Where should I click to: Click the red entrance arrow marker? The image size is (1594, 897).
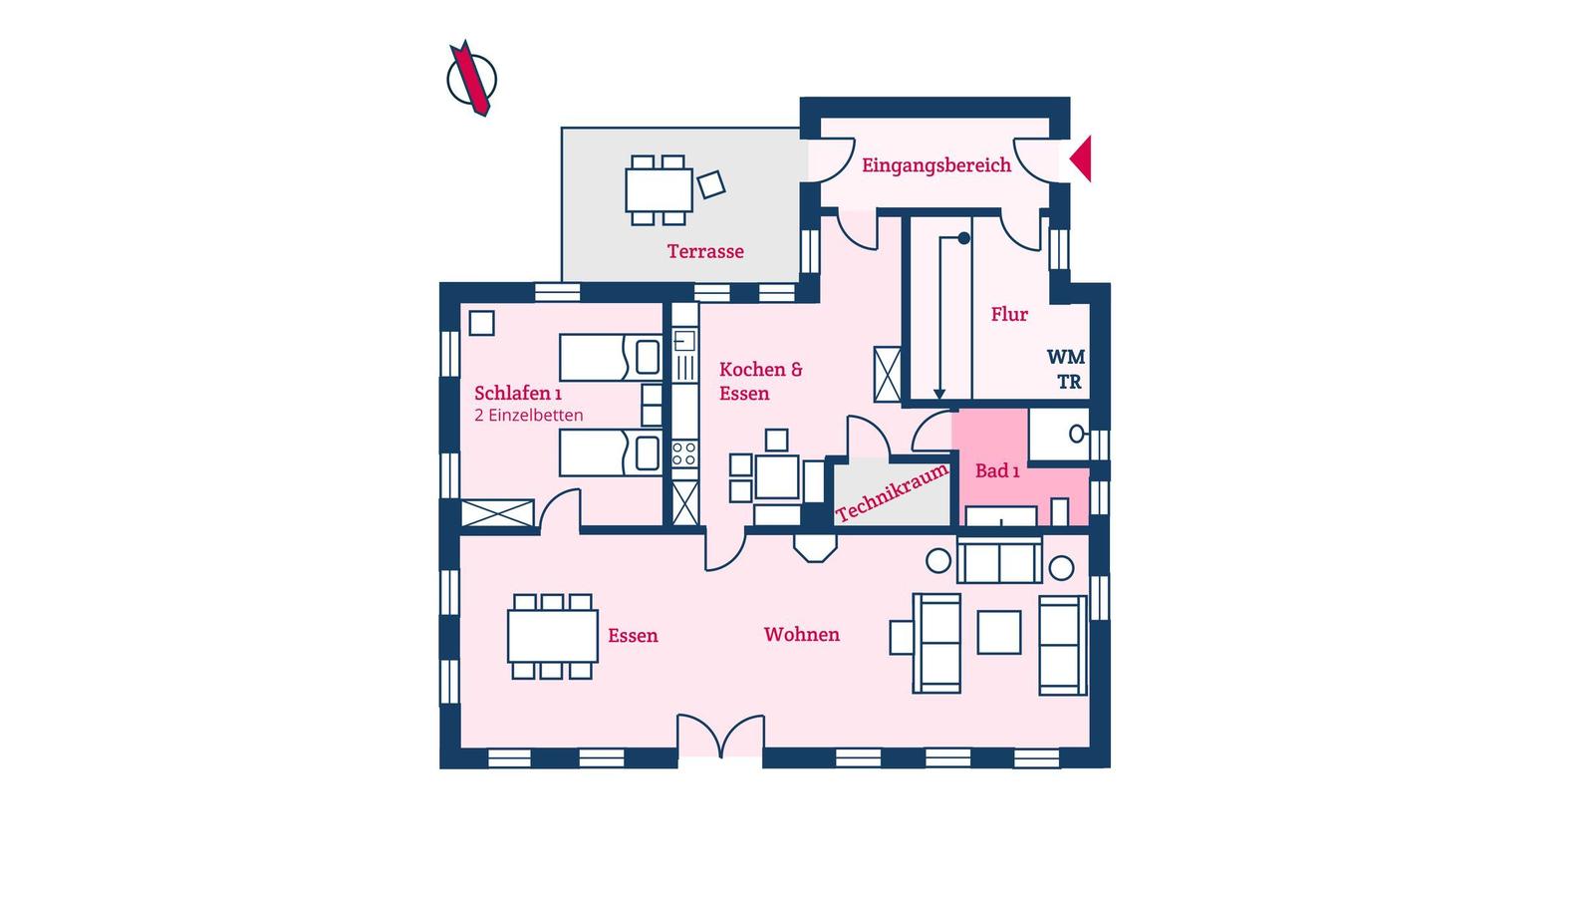1082,158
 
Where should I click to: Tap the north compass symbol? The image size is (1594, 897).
472,79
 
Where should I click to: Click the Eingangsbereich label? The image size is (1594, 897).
935,165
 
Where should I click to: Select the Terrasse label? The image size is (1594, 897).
705,251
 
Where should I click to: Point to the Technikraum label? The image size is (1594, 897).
893,492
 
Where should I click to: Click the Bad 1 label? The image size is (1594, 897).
997,470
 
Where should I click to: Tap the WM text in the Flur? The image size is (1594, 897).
1065,357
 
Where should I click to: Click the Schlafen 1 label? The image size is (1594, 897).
518,393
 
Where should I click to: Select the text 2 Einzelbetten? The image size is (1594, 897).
529,415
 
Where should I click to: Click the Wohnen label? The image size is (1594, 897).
801,634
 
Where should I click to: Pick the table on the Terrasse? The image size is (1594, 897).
659,190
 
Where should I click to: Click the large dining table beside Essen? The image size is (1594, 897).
552,636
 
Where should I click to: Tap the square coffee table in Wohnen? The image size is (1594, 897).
999,632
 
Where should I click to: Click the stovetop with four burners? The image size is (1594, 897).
684,454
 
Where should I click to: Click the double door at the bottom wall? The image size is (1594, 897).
720,737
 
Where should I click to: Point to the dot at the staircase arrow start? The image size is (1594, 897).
963,238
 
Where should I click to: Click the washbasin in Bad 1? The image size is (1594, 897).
1077,433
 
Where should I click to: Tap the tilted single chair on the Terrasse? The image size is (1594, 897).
711,185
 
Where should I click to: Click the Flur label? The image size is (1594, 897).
1009,314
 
